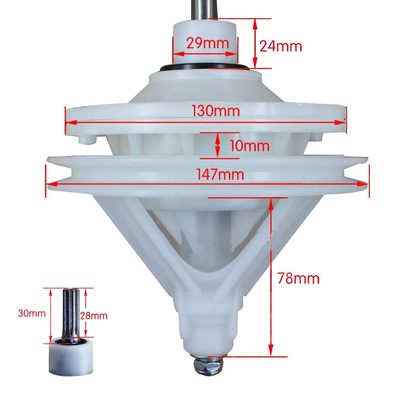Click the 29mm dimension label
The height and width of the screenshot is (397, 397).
click(x=208, y=43)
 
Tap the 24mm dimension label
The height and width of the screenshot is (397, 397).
click(x=281, y=47)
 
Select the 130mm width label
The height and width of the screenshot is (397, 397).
click(x=216, y=111)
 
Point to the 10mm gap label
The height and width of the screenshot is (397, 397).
click(x=249, y=146)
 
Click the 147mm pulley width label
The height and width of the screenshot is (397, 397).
click(x=220, y=175)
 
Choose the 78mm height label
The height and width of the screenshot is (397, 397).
click(x=299, y=278)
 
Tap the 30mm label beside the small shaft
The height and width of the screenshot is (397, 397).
click(x=32, y=313)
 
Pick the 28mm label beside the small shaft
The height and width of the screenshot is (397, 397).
click(x=94, y=316)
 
